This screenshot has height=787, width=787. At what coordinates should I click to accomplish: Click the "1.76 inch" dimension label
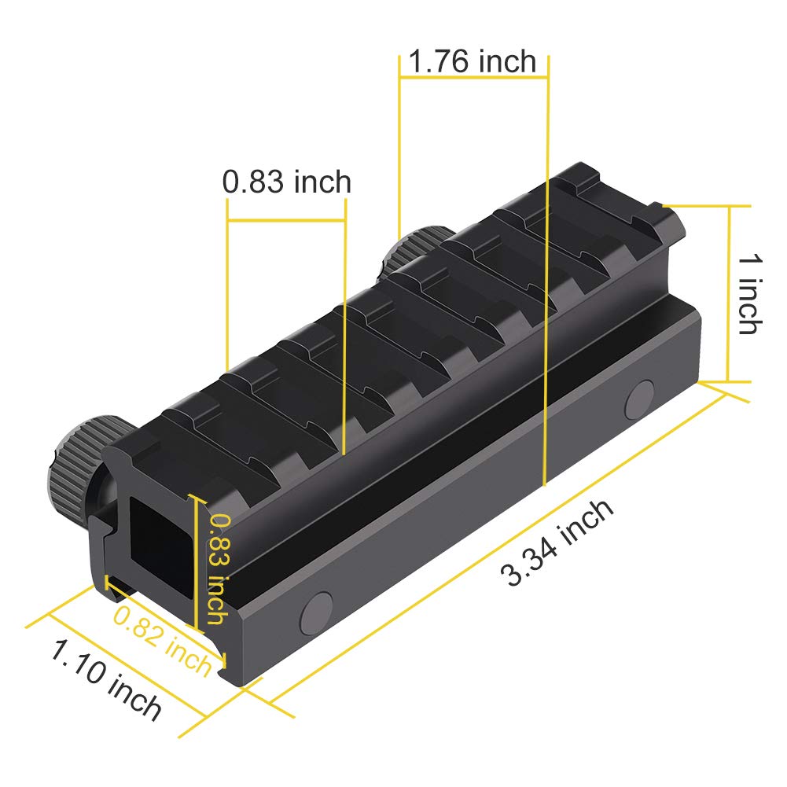(x=473, y=61)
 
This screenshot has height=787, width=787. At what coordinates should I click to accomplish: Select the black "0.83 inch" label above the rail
(x=286, y=182)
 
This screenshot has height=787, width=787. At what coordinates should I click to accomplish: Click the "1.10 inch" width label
(x=107, y=681)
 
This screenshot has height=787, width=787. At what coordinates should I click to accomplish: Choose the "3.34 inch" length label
(x=558, y=542)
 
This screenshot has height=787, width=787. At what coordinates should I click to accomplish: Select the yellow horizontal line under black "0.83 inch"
(x=286, y=200)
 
